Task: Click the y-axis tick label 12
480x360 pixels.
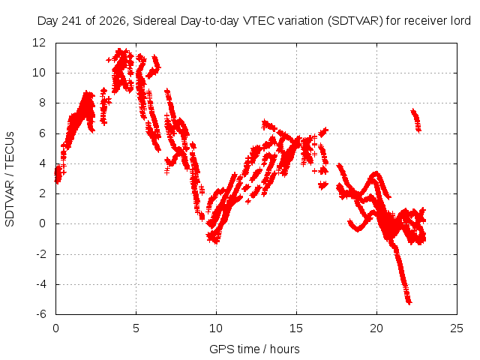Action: [39, 43]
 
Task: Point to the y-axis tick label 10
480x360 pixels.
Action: [39, 73]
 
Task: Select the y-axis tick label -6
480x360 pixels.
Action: [41, 314]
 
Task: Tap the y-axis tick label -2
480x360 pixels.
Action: [41, 253]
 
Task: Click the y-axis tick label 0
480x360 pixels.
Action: [42, 223]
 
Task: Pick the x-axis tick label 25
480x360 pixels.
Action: [457, 328]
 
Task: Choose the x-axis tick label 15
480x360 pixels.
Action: [296, 328]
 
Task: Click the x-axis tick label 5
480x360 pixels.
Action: [136, 328]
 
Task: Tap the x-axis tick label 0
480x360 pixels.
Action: [55, 328]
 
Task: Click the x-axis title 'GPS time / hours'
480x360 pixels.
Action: [254, 349]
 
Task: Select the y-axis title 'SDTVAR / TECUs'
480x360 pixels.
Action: [10, 179]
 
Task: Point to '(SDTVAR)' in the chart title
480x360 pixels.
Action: [355, 21]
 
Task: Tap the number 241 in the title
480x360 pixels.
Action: [72, 21]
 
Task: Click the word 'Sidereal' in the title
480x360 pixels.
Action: [154, 21]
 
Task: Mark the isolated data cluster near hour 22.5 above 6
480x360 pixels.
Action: [416, 120]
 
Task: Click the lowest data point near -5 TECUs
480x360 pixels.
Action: [409, 302]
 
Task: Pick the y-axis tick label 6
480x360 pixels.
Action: [42, 133]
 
